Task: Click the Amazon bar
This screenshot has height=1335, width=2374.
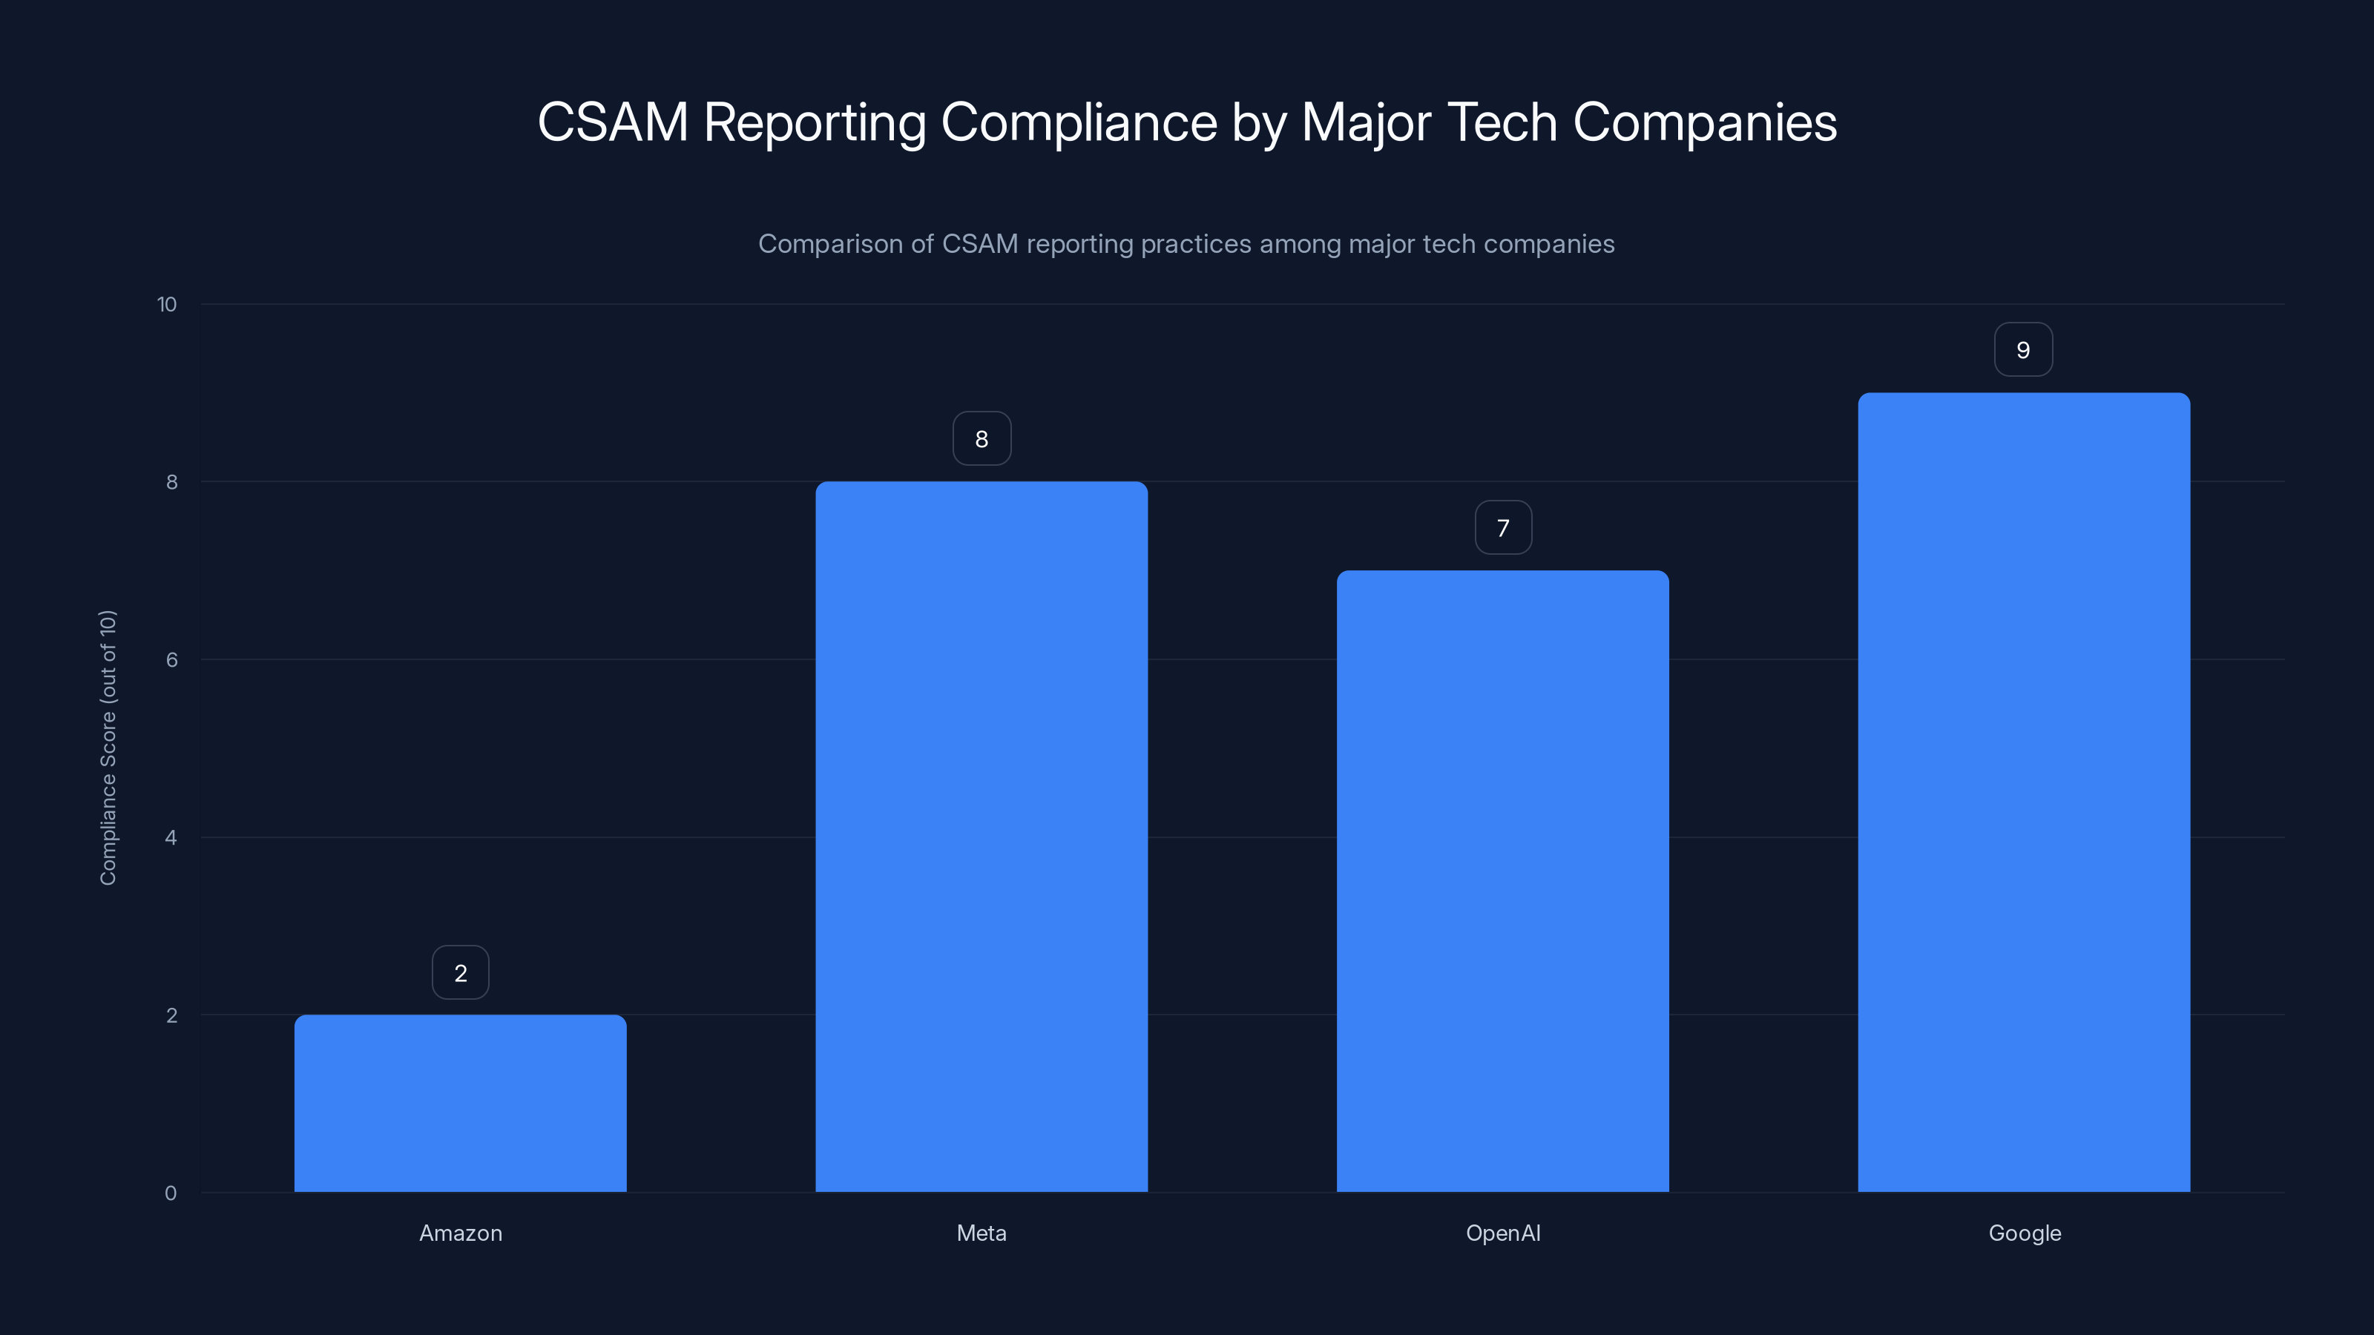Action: (460, 1103)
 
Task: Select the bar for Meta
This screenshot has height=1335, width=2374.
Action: (982, 837)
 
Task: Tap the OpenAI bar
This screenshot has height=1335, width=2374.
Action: (1502, 881)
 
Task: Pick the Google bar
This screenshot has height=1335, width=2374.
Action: (2024, 792)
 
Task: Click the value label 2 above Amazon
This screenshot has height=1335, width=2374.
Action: (460, 973)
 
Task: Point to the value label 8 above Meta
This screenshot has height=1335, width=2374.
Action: (982, 438)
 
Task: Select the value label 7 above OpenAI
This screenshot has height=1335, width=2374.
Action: (1503, 528)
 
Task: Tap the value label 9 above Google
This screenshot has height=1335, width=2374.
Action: (2023, 350)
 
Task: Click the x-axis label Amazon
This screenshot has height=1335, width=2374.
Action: (460, 1233)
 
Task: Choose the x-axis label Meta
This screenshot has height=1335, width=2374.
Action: (982, 1233)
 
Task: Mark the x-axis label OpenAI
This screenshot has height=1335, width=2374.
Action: (1502, 1233)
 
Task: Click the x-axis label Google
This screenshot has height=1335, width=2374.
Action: (2024, 1233)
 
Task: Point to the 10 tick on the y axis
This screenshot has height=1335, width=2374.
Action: (167, 304)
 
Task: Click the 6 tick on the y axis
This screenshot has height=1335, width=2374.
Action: (171, 659)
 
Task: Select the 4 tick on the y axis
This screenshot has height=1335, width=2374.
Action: (171, 837)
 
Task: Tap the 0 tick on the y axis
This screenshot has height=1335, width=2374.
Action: (171, 1193)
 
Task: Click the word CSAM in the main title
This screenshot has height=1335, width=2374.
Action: (613, 122)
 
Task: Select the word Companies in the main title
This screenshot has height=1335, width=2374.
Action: (1704, 122)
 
